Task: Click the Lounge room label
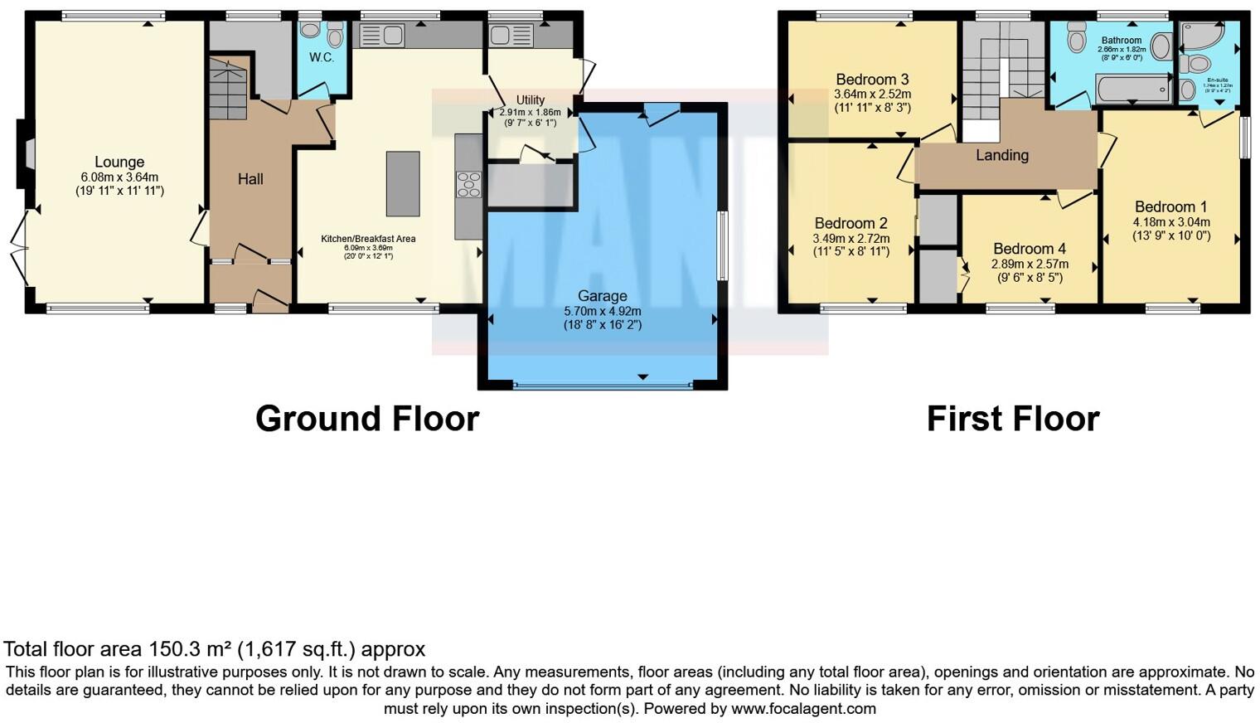coord(119,163)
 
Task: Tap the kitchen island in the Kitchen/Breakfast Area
coord(403,183)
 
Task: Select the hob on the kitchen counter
coord(468,184)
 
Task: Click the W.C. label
coord(322,57)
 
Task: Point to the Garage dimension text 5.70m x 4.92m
coord(603,311)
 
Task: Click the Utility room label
coord(531,100)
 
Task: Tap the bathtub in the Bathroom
coord(1132,89)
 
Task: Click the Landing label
coord(1002,155)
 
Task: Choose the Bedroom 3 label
coord(872,80)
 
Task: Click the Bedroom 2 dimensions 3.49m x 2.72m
coord(851,238)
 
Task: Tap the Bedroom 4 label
coord(1030,249)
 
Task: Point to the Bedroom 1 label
coord(1170,207)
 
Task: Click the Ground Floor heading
coord(367,419)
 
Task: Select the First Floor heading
coord(1013,419)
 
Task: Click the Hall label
coord(250,179)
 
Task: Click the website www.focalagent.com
coord(803,709)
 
